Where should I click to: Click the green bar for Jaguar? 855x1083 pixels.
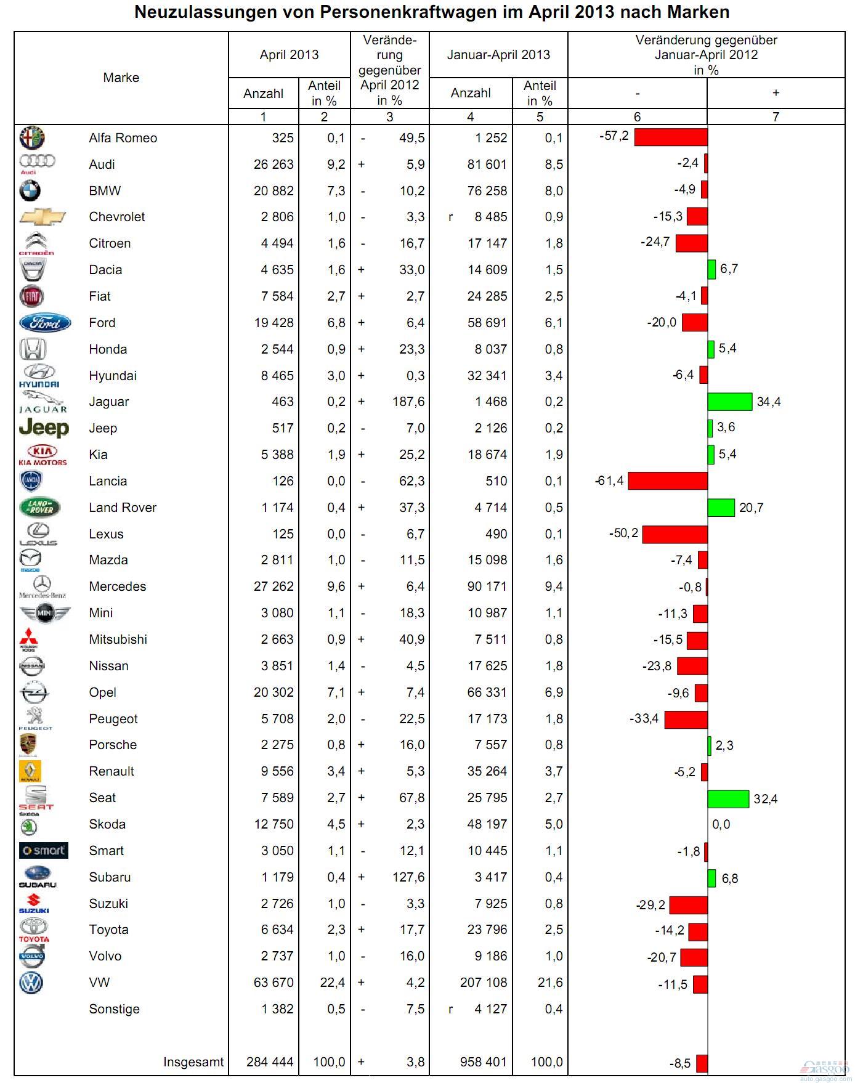[x=730, y=402]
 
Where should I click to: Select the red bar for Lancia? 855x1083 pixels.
[x=668, y=481]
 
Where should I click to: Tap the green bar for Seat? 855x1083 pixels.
[x=728, y=798]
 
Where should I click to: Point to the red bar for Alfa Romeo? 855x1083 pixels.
[x=671, y=137]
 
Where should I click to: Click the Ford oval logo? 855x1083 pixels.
[x=45, y=322]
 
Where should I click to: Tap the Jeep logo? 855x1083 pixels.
[x=44, y=428]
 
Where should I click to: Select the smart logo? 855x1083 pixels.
[x=44, y=851]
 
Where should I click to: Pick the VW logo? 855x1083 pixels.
[x=31, y=983]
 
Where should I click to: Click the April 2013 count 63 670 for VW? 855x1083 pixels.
[x=274, y=983]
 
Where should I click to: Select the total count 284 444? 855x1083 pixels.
[x=270, y=1062]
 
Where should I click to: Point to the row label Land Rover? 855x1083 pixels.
[x=123, y=508]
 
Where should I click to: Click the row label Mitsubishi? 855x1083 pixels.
[x=118, y=639]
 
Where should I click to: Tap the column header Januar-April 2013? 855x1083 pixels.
[x=498, y=55]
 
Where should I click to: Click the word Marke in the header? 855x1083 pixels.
[x=121, y=78]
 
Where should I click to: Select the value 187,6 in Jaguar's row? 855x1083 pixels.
[x=407, y=402]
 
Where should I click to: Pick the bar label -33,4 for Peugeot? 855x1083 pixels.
[x=644, y=718]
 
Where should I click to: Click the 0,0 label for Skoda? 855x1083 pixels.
[x=721, y=824]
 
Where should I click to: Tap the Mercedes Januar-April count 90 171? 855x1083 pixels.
[x=487, y=586]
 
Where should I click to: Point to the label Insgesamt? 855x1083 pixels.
[x=193, y=1062]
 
